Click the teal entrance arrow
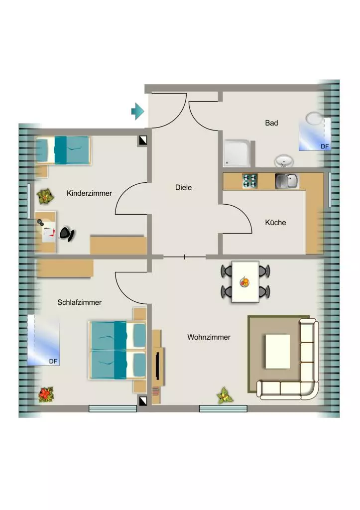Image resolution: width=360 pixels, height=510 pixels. click(138, 111)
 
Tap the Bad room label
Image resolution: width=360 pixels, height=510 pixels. click(271, 123)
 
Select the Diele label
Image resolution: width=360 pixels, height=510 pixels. click(183, 187)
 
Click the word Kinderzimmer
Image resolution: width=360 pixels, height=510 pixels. click(89, 193)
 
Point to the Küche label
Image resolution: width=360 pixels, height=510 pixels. click(275, 223)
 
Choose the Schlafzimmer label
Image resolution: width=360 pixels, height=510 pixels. click(79, 302)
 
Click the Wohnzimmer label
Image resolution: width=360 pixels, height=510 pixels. click(209, 337)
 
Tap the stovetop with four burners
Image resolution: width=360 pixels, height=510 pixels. click(250, 181)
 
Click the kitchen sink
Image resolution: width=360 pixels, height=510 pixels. click(286, 181)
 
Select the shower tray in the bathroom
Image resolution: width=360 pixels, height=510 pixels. click(237, 153)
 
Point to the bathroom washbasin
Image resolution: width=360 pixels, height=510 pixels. click(284, 161)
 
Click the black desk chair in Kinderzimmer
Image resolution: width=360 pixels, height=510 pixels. click(67, 234)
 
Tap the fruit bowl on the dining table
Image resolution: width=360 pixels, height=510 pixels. click(244, 282)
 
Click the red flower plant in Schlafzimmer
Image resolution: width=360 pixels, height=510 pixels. click(46, 394)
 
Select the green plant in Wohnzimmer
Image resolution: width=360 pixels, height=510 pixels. click(225, 395)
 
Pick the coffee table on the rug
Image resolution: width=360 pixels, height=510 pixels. click(277, 351)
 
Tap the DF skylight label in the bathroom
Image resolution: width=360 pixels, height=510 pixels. click(325, 147)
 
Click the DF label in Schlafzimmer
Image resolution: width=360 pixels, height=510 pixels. click(53, 362)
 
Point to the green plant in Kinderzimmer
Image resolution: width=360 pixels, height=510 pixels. click(45, 196)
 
